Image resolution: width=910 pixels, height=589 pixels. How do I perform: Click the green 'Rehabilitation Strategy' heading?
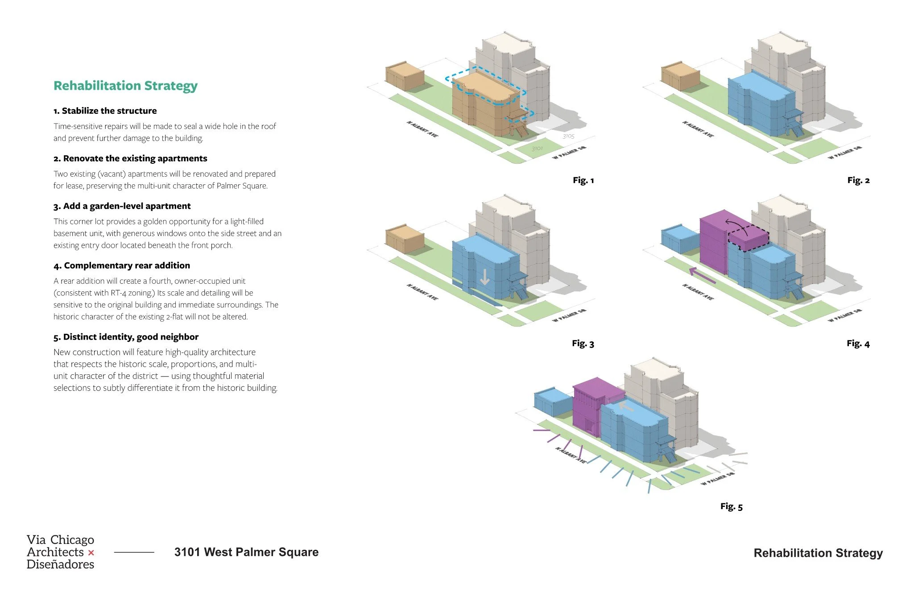(125, 86)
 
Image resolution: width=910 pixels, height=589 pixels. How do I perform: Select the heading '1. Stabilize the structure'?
(105, 111)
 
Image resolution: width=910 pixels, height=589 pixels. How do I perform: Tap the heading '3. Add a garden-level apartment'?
(122, 206)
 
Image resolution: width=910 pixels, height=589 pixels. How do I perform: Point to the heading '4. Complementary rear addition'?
(122, 265)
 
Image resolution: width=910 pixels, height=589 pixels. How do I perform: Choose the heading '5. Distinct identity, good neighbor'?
(126, 337)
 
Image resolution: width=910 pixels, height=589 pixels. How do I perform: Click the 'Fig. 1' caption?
(583, 180)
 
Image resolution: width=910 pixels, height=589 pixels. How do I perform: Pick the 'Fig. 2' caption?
(858, 180)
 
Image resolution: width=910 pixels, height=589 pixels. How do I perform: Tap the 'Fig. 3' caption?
(583, 344)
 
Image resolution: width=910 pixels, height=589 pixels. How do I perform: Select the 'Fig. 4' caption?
(858, 344)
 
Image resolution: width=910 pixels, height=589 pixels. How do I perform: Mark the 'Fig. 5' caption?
(731, 506)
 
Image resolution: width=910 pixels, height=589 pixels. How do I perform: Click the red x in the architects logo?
(91, 553)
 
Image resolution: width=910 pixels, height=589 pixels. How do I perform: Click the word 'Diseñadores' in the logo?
(60, 564)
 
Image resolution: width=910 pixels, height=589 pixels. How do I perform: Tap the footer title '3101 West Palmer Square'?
(246, 552)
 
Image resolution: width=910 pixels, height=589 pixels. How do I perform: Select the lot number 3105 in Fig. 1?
(568, 136)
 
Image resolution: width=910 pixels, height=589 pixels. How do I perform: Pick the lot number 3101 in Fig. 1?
(537, 148)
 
